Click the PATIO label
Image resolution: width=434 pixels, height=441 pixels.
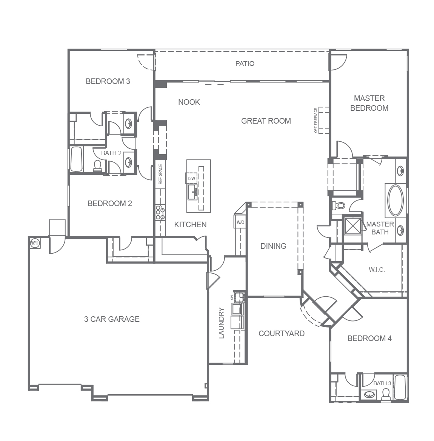pos(245,64)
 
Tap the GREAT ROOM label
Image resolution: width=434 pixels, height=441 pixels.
pos(266,121)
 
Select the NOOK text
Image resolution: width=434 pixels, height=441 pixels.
pos(189,102)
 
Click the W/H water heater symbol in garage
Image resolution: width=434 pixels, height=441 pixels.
pos(35,243)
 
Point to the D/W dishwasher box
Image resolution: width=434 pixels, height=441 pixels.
pos(191,178)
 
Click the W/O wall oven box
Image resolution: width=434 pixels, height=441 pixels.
pos(240,222)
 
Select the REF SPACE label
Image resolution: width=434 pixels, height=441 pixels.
pos(160,174)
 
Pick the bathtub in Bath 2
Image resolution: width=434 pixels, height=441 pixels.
pos(76,159)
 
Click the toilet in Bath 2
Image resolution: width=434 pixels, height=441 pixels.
pos(97,166)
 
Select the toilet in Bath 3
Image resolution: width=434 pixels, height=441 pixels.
pos(386,394)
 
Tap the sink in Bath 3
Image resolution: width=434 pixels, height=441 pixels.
pos(369,395)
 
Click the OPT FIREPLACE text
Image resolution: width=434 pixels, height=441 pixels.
pos(315,121)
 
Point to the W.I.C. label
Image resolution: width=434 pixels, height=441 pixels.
pos(376,270)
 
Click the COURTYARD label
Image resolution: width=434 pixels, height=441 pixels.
pos(281,334)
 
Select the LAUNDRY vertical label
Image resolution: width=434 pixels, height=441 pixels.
pos(221,323)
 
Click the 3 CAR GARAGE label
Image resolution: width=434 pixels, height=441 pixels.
pos(112,319)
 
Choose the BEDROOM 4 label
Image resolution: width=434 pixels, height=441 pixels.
pos(369,338)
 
